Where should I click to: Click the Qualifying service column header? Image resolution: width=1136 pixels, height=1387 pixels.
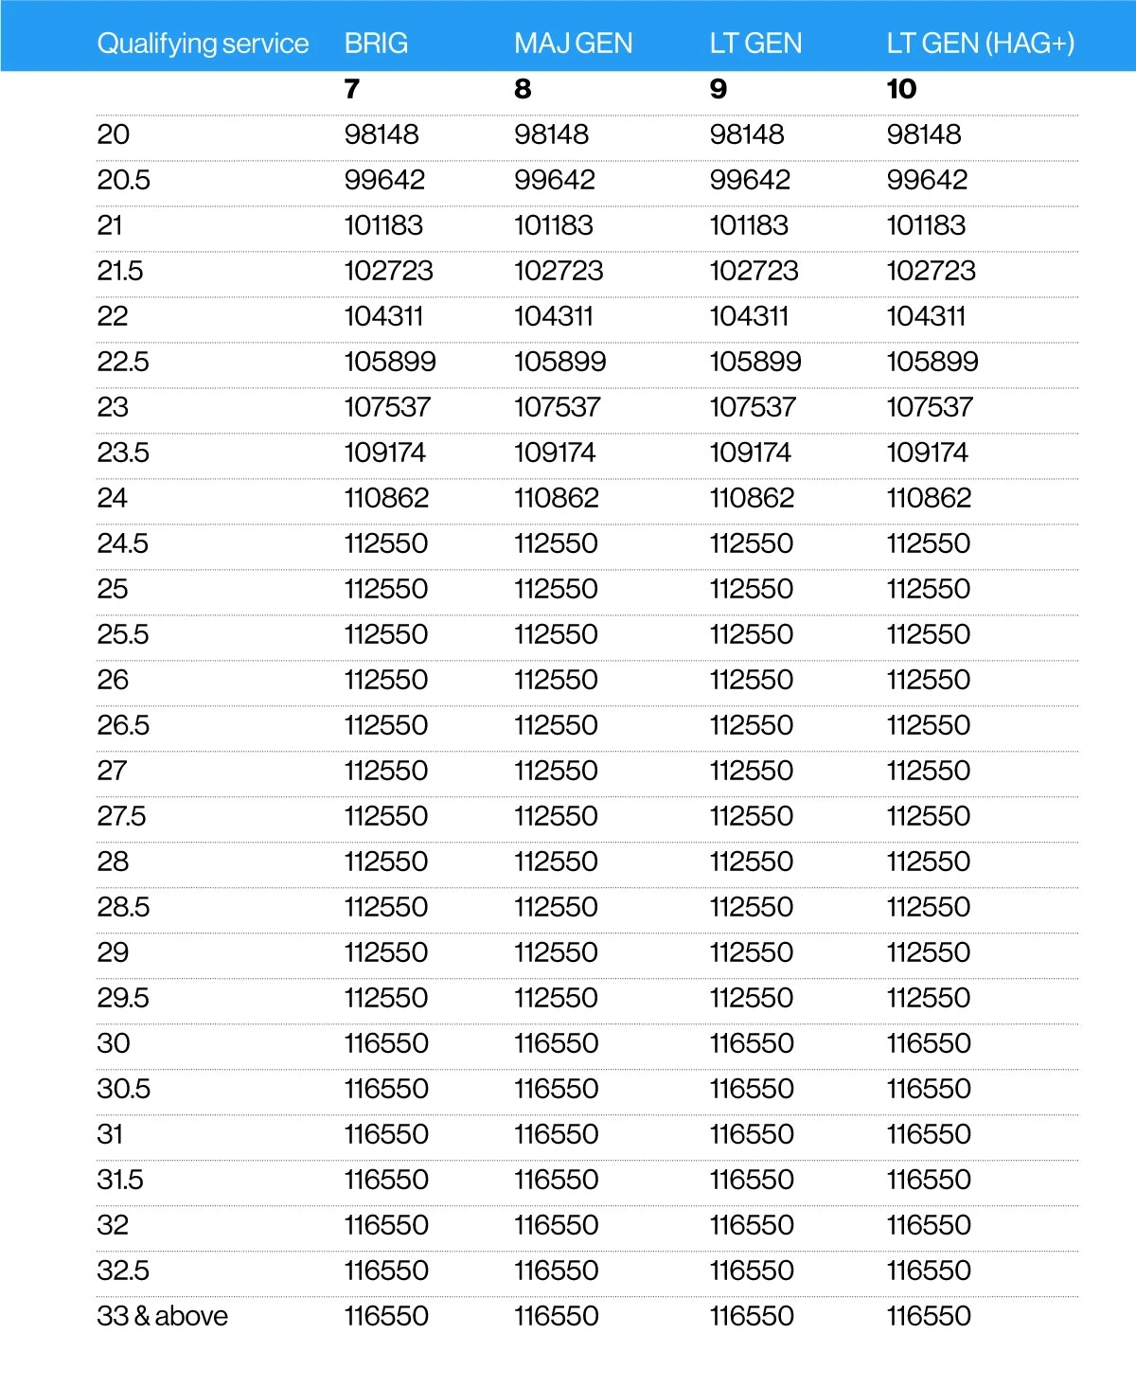click(203, 44)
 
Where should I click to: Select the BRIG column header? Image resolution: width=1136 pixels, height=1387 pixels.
click(376, 44)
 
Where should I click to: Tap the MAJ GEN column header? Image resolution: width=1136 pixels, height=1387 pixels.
click(573, 44)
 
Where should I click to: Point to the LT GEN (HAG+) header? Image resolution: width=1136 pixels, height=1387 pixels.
click(980, 44)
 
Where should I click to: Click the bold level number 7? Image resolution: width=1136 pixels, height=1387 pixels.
click(352, 89)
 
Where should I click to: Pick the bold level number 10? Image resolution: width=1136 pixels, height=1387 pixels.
click(901, 89)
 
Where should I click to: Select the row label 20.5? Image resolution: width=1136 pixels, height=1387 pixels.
click(123, 180)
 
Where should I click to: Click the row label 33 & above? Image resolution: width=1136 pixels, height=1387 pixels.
click(162, 1316)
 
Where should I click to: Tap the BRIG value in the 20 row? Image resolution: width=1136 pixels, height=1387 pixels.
click(381, 134)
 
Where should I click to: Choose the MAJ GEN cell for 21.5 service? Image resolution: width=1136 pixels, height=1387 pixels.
click(558, 271)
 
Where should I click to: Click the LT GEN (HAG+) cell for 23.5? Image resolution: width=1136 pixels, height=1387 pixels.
click(927, 453)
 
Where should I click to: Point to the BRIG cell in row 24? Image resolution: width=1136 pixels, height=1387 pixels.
click(386, 498)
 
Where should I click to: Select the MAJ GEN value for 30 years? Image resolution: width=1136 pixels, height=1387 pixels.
click(556, 1043)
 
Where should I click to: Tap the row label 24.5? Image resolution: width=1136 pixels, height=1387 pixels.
click(122, 543)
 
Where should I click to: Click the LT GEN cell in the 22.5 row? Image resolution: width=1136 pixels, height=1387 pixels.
click(754, 362)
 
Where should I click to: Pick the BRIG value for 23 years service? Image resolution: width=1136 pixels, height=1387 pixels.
click(386, 407)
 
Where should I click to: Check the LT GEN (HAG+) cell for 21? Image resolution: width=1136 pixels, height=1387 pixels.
click(925, 225)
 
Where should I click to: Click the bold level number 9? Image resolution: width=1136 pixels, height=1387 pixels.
click(719, 89)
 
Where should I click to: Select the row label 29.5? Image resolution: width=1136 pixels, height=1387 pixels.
click(122, 998)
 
